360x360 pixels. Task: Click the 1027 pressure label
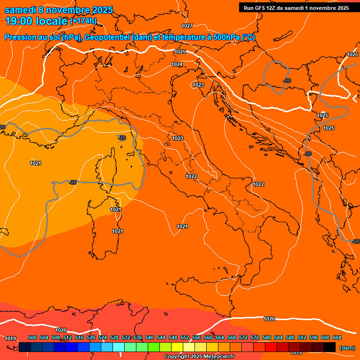[187, 26]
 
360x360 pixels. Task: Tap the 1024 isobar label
[177, 64]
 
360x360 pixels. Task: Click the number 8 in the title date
[41, 10]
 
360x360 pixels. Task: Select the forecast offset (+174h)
[83, 21]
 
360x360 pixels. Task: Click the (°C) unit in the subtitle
[248, 37]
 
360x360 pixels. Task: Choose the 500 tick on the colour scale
[32, 337]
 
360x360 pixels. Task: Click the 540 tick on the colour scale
[150, 337]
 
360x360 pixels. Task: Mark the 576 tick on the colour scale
[255, 337]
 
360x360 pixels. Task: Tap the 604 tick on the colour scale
[337, 337]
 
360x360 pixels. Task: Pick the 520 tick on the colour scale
[91, 337]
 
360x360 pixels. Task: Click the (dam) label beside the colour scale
[347, 347]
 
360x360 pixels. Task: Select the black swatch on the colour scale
[330, 347]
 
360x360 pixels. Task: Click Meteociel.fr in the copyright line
[218, 357]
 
